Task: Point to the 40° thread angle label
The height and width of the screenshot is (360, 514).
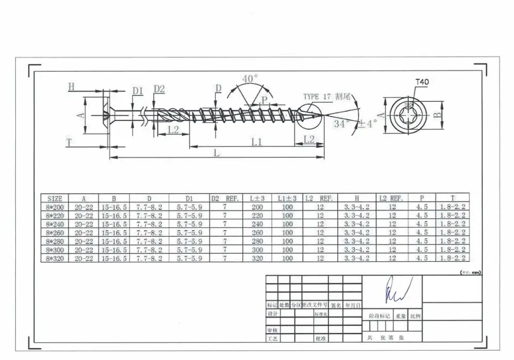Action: pyautogui.click(x=250, y=79)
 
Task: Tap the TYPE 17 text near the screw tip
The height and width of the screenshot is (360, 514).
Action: pyautogui.click(x=317, y=97)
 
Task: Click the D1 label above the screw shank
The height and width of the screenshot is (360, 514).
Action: pyautogui.click(x=137, y=91)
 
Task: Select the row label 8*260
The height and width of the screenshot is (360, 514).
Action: pyautogui.click(x=54, y=232)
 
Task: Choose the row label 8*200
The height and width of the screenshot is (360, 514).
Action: pyautogui.click(x=54, y=207)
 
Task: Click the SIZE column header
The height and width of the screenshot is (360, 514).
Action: pyautogui.click(x=54, y=198)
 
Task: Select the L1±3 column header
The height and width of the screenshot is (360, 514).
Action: pyautogui.click(x=287, y=198)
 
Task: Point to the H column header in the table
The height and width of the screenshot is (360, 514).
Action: pyautogui.click(x=357, y=198)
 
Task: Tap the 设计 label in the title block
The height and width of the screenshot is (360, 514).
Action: pyautogui.click(x=272, y=313)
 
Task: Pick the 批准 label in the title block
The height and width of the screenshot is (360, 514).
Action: pyautogui.click(x=320, y=338)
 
